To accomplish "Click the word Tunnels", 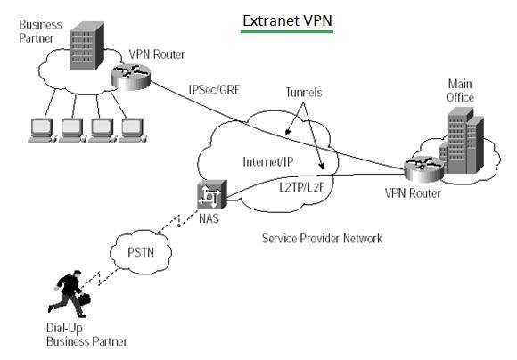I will [x=304, y=92].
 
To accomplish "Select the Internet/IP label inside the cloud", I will [x=268, y=161].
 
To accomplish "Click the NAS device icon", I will [x=212, y=193].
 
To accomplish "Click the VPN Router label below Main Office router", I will [x=414, y=192].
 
